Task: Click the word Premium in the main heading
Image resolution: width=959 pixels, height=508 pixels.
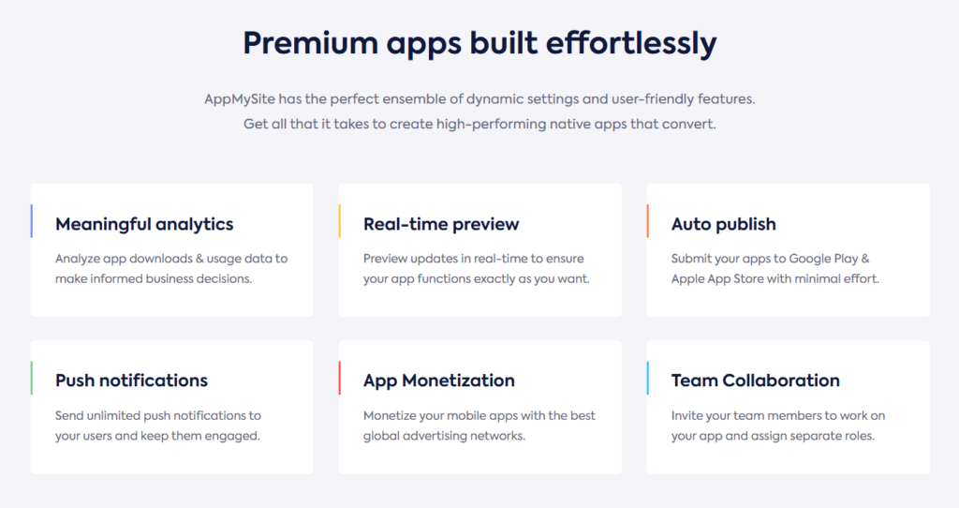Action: (x=311, y=43)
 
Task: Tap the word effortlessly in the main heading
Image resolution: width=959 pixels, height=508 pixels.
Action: (x=631, y=44)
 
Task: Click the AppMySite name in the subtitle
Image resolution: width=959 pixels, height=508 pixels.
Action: (x=240, y=99)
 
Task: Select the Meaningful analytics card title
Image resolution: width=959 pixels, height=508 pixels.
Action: (x=144, y=225)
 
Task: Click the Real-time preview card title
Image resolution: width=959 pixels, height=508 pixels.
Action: (x=441, y=225)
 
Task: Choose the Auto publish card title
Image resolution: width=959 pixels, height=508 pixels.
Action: (x=724, y=225)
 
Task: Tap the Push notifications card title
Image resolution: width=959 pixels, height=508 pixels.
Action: (x=131, y=381)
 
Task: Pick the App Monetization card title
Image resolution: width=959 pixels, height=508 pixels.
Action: (x=439, y=381)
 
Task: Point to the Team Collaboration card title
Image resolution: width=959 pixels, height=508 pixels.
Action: (x=756, y=381)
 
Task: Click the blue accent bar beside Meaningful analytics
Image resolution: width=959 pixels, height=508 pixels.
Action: (x=31, y=221)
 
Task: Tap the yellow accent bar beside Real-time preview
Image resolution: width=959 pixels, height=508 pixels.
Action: (x=339, y=221)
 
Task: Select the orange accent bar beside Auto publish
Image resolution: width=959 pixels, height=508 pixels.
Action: (x=648, y=221)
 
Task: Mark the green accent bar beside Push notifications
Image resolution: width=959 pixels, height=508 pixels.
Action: (x=31, y=379)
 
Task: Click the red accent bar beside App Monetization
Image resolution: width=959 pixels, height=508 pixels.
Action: (x=339, y=379)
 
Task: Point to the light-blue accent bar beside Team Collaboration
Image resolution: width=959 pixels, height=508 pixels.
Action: (x=648, y=379)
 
